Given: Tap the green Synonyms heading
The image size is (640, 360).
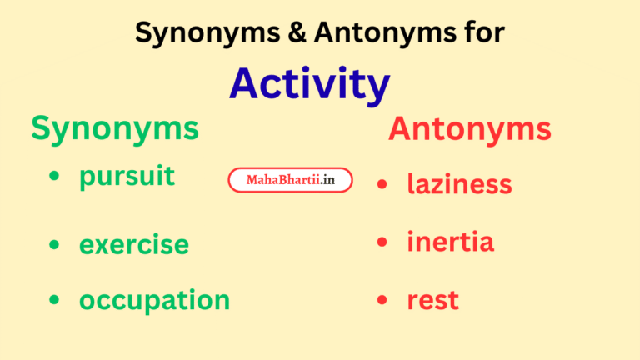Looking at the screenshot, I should [115, 128].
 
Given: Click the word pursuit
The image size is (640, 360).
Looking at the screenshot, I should [127, 177].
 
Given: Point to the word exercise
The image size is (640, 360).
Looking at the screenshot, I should [133, 245].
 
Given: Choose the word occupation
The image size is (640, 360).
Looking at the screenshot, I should [154, 300].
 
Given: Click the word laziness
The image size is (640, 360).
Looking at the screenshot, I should [459, 183].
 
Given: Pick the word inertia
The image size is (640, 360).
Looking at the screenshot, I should [450, 242].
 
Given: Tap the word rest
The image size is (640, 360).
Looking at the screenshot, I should [432, 300].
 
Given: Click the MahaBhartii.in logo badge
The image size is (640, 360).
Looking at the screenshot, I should [290, 180].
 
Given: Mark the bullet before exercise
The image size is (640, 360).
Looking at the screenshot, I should [55, 245].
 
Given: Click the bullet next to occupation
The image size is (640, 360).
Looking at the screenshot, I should [55, 301].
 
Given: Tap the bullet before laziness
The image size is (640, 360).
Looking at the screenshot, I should [382, 184].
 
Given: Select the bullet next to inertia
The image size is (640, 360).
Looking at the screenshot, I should [382, 242].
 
